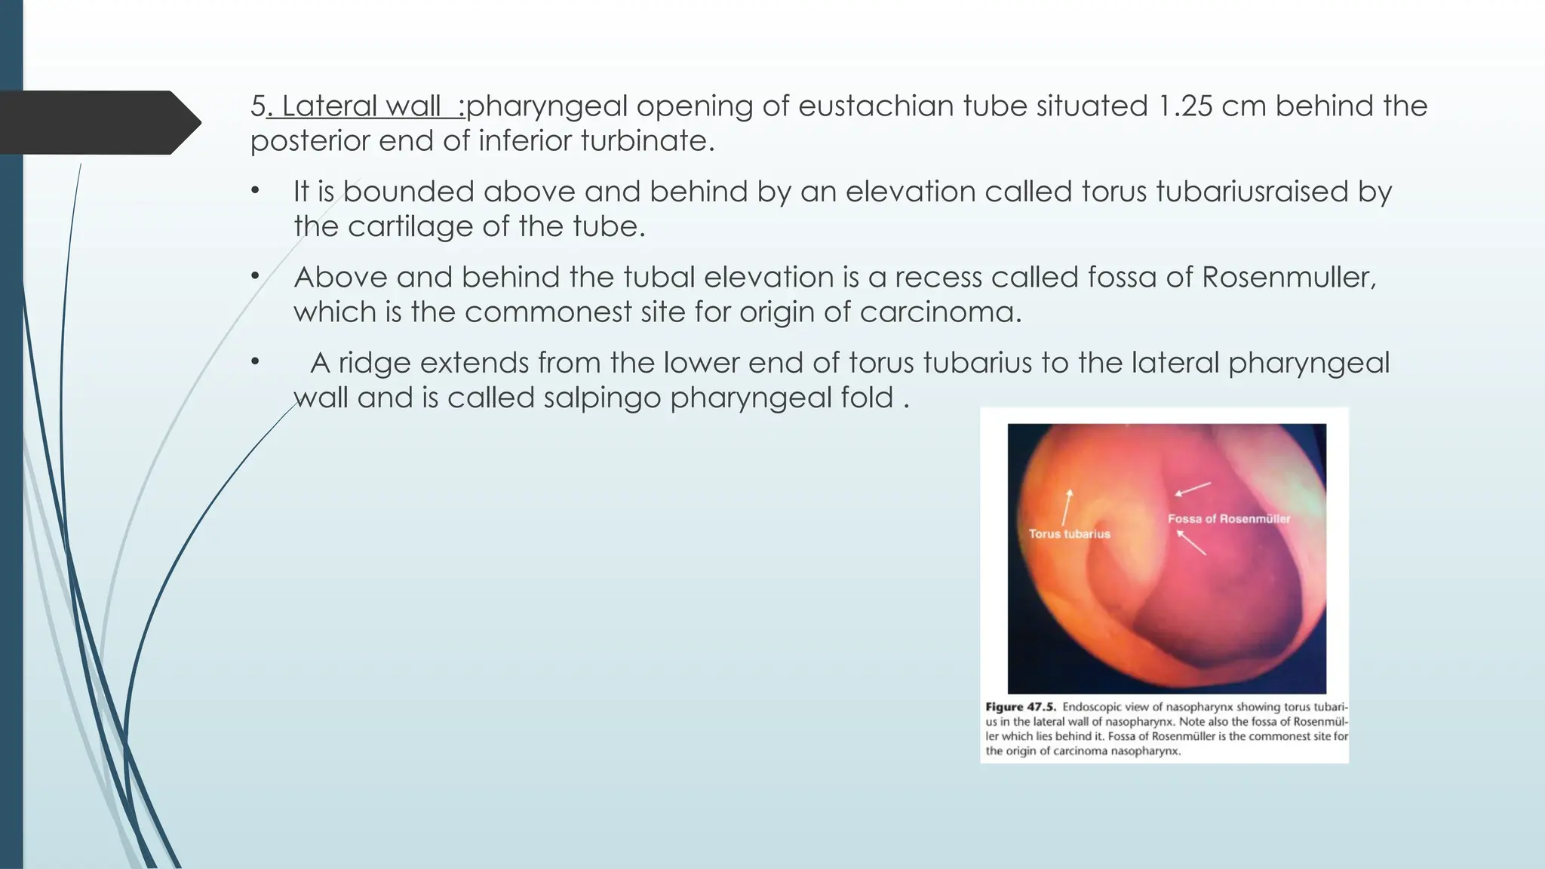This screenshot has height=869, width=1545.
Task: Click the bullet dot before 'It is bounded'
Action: pos(256,192)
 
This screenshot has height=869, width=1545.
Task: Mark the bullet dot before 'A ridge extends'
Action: pos(256,363)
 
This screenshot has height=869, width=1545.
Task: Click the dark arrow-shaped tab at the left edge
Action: pos(98,123)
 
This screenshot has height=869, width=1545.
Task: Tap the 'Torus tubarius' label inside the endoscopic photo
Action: pos(1069,534)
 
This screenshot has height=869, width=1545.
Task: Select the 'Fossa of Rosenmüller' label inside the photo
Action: pos(1228,519)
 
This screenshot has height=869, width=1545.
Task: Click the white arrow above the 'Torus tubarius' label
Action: pos(1067,507)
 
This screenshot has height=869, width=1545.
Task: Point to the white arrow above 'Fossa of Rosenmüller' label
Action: pos(1193,489)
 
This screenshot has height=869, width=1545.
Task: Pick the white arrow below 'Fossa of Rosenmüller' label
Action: pos(1191,542)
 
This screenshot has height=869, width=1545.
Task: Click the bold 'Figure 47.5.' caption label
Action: pos(1020,708)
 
